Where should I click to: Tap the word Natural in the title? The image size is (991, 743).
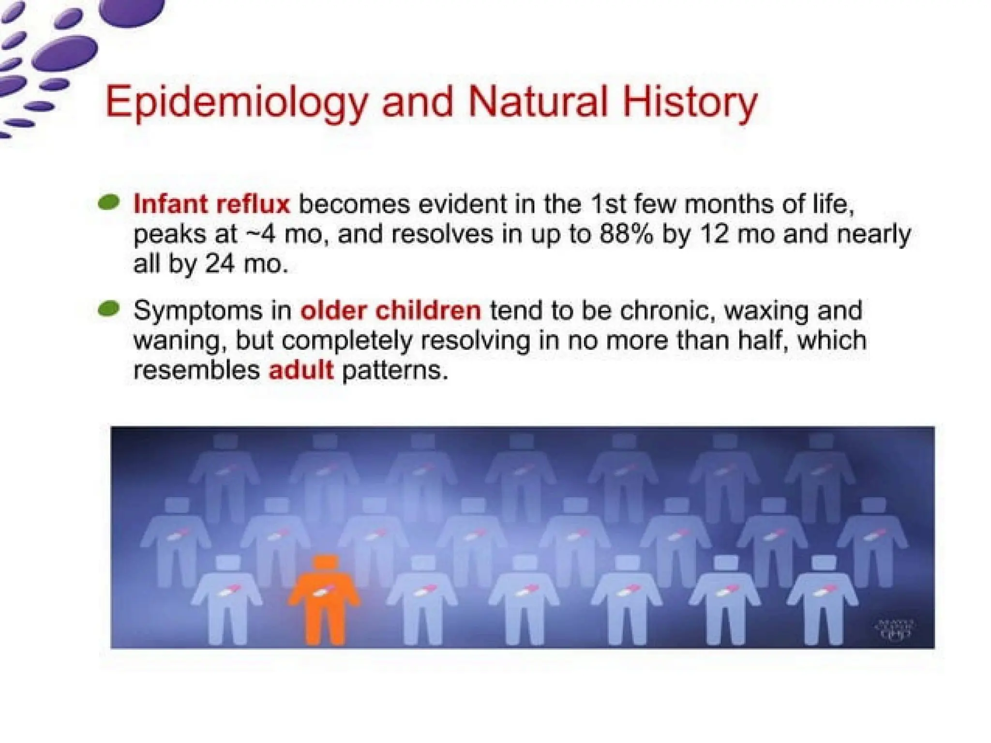(538, 102)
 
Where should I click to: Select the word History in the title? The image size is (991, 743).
(689, 103)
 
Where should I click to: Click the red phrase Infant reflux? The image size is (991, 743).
(211, 204)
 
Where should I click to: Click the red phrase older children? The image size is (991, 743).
(391, 310)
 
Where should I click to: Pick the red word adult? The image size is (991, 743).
(301, 371)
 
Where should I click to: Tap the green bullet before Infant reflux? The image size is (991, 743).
(109, 202)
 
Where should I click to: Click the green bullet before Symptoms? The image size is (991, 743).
(109, 309)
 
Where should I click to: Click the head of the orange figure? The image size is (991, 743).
(325, 565)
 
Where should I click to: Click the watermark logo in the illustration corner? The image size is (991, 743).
(895, 628)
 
